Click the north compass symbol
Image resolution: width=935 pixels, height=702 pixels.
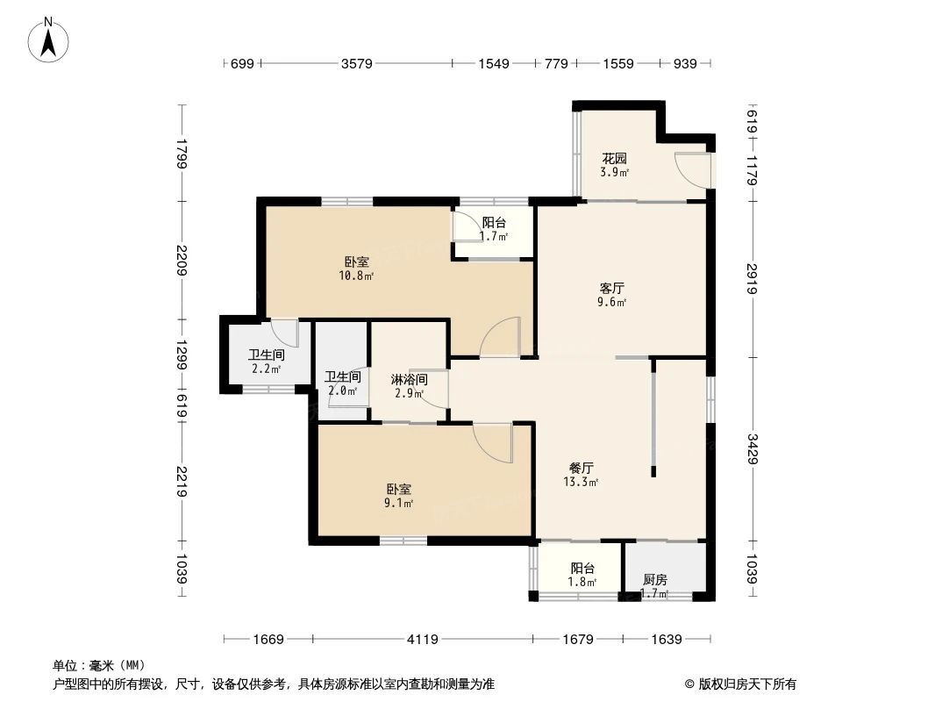(x=50, y=39)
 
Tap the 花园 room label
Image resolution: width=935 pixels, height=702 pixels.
(x=614, y=159)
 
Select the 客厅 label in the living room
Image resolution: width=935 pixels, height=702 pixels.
(x=612, y=288)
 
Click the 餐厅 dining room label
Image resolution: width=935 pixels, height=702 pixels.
(x=582, y=469)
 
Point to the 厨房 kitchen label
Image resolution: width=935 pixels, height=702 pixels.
(x=655, y=580)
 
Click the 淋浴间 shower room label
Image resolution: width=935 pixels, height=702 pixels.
(x=409, y=380)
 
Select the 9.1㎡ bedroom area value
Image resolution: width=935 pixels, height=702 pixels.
(x=399, y=504)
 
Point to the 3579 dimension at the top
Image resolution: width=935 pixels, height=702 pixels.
(x=357, y=63)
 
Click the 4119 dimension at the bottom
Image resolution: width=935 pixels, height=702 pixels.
(x=424, y=640)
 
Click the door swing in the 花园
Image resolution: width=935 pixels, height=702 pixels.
(x=693, y=168)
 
